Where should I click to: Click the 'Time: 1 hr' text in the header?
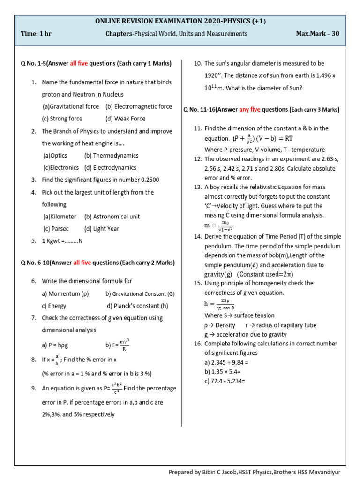(x=37, y=34)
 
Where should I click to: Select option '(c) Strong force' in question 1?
(x=62, y=119)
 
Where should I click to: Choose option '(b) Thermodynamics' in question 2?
(x=111, y=155)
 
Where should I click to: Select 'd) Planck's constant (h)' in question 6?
(x=137, y=306)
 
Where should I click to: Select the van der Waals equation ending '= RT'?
(x=262, y=139)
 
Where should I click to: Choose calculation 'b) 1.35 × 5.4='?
(x=227, y=372)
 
